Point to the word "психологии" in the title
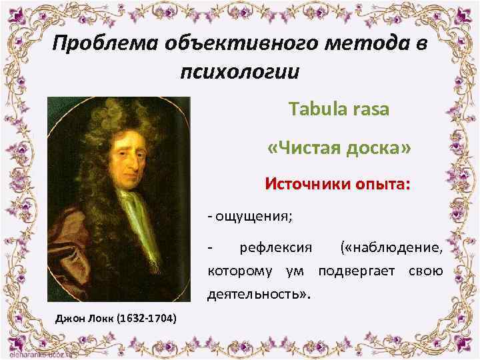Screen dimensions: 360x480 [240, 71]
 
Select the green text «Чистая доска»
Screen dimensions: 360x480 [339, 147]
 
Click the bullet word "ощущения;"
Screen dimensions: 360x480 [253, 217]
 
